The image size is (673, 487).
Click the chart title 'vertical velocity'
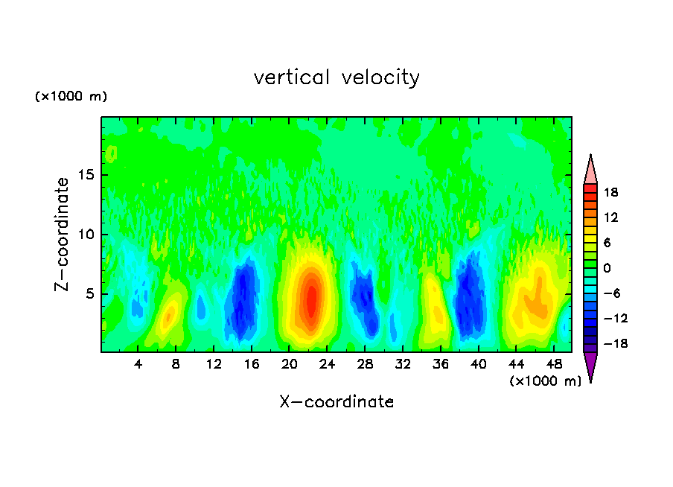click(336, 77)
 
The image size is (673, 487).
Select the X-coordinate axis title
click(336, 402)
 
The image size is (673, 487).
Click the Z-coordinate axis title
click(63, 234)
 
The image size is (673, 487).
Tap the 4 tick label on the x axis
click(138, 365)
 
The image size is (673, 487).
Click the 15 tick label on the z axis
click(85, 176)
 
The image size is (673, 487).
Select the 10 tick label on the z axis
click(85, 235)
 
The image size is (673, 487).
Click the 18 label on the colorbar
click(610, 193)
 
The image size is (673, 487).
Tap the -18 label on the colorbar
click(608, 344)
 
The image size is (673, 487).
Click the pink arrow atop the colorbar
click(590, 170)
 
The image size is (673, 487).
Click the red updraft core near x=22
click(312, 298)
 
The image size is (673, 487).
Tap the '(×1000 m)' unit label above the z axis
click(71, 97)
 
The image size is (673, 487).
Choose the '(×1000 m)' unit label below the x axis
click(545, 381)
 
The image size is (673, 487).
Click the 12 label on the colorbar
click(610, 218)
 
